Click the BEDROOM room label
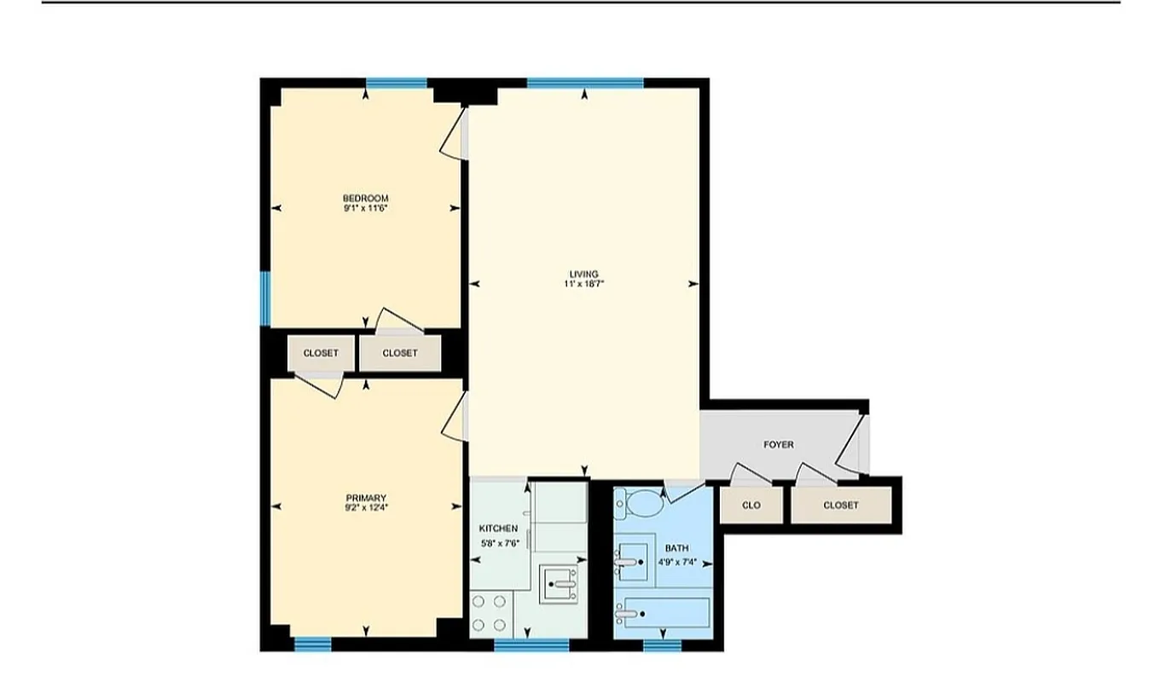(366, 199)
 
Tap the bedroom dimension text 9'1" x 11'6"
(366, 208)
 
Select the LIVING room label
(584, 274)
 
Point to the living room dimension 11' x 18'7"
(584, 284)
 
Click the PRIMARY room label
(366, 498)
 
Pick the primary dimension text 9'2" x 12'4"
(366, 508)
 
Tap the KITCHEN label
(498, 529)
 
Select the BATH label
(677, 547)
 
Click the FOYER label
(778, 444)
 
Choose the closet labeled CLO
(751, 506)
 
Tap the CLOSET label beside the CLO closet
(841, 506)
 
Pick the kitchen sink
(559, 584)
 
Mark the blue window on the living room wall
(584, 83)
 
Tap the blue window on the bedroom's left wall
(265, 298)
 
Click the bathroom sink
(631, 562)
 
